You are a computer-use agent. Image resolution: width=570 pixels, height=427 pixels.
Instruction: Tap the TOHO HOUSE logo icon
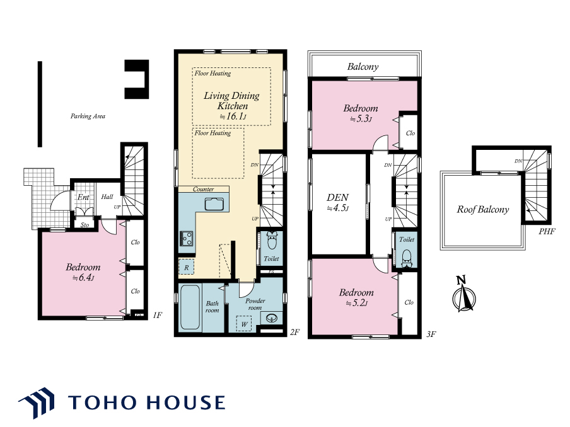(37, 402)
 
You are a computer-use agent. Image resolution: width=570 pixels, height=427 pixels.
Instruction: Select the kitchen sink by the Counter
(214, 204)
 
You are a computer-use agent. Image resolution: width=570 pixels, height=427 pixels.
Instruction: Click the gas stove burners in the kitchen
(186, 239)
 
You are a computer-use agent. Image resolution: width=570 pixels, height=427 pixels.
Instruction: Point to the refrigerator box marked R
(186, 267)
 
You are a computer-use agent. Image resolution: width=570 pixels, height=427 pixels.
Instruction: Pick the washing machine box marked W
(244, 324)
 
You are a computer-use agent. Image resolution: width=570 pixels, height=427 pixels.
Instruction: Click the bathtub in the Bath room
(190, 307)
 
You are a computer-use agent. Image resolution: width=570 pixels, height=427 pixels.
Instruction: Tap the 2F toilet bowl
(272, 240)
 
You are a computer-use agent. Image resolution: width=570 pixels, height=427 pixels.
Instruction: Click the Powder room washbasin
(271, 319)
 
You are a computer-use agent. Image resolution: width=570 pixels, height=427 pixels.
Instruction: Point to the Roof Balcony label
(483, 210)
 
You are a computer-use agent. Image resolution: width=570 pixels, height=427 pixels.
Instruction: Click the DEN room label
(337, 198)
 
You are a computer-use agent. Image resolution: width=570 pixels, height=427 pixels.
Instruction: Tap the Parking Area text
(88, 116)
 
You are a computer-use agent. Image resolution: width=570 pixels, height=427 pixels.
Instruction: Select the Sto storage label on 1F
(84, 225)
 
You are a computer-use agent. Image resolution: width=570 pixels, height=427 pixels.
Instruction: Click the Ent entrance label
(83, 197)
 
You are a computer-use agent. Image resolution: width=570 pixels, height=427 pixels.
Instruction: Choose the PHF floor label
(547, 231)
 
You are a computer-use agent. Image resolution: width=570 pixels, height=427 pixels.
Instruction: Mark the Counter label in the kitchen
(203, 189)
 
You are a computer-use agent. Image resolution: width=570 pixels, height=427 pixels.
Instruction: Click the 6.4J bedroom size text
(83, 278)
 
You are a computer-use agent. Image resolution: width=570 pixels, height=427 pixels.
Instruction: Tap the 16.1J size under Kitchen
(233, 117)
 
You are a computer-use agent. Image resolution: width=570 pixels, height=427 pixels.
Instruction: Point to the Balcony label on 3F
(363, 67)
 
